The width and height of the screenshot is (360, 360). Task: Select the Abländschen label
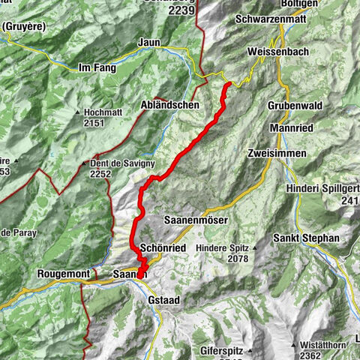pos(170,106)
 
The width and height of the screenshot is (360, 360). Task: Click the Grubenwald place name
pos(295,106)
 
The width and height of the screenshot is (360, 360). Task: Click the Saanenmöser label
pos(196,221)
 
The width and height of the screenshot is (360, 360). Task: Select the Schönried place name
pos(163,248)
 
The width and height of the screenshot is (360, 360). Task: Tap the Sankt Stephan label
pos(307,238)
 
